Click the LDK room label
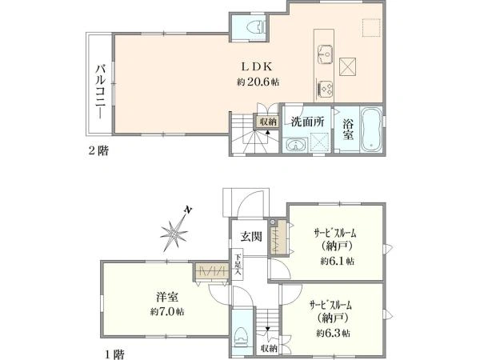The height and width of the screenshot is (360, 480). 257,66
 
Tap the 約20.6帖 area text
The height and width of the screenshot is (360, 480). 258,82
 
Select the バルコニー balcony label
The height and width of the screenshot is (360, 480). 101,91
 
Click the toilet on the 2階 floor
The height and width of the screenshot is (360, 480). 257,26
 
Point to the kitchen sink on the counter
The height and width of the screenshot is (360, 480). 325,54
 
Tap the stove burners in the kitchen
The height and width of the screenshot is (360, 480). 325,89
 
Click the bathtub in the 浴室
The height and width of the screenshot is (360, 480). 370,129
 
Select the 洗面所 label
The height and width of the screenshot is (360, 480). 307,122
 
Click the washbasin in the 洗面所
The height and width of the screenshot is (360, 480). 295,145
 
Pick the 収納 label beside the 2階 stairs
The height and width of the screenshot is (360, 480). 268,122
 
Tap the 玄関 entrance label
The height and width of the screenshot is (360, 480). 251,236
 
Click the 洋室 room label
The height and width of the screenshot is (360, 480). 167,297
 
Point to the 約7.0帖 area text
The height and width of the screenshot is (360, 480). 167,312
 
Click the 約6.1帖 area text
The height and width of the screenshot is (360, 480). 338,261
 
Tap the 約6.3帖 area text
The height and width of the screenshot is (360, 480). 334,333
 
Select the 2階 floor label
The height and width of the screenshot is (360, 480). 98,150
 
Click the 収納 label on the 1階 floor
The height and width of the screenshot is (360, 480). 270,348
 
